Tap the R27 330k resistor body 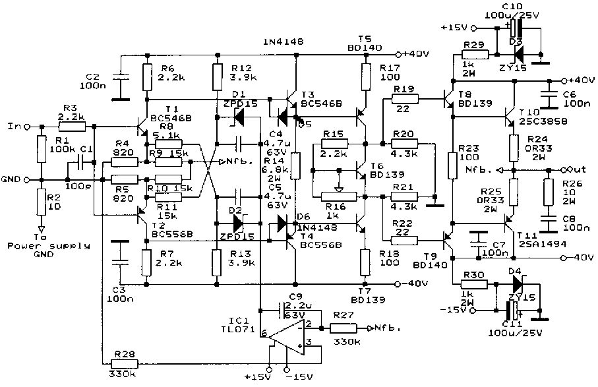[x=344, y=328]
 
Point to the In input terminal [x=13, y=126]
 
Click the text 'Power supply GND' [x=33, y=251]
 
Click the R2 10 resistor [x=41, y=202]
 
